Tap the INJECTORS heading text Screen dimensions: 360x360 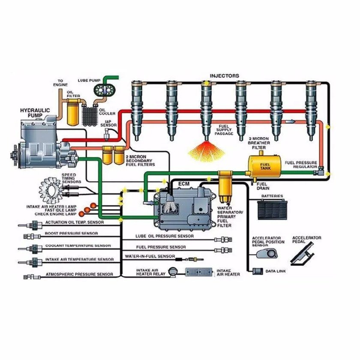click(224, 76)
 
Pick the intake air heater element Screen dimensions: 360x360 click(199, 272)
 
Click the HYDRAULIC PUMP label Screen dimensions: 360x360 click(35, 113)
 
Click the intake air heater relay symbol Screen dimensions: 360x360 click(172, 271)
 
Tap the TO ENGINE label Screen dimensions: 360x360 click(63, 83)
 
